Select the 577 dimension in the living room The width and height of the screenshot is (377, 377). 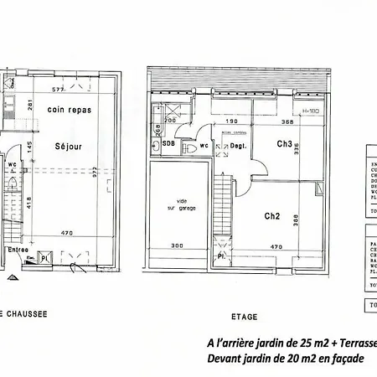coord(57,89)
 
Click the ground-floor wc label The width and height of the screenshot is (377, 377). coord(12,164)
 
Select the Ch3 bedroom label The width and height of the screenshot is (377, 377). coord(284,143)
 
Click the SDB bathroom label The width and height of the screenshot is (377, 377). coord(168,144)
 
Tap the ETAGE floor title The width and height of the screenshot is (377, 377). coord(245,317)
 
